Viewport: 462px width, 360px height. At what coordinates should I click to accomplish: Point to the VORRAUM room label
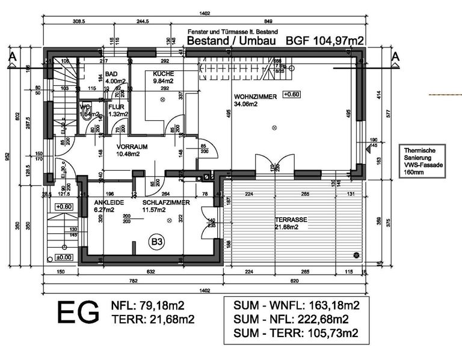[128, 146]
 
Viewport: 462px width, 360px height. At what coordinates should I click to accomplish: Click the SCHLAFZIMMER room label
[166, 203]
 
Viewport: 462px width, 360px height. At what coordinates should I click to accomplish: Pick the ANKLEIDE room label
[109, 203]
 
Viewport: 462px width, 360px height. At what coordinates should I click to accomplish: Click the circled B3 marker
[157, 242]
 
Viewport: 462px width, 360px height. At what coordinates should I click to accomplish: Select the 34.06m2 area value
[246, 103]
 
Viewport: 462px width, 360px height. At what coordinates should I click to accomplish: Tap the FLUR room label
[116, 106]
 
